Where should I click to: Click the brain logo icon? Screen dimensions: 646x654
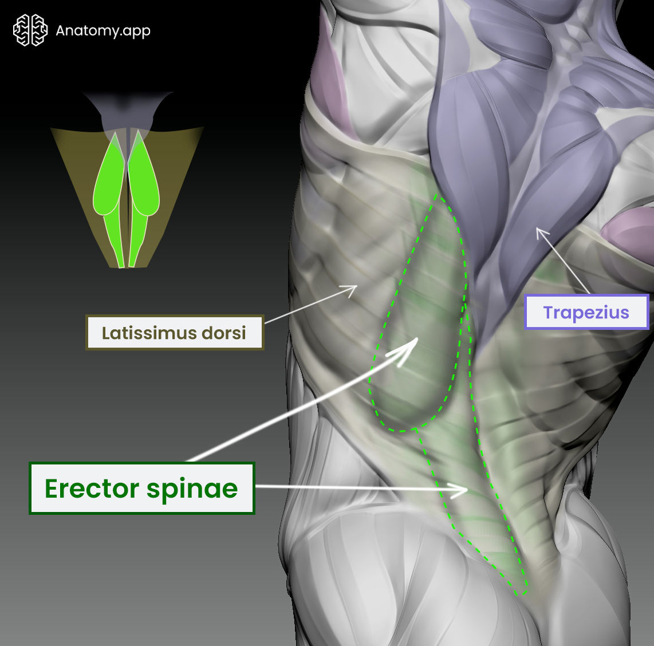(x=30, y=30)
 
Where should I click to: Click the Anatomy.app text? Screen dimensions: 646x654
(x=103, y=30)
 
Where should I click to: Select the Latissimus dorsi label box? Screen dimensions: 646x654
(x=174, y=333)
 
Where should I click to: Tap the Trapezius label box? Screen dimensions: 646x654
(x=586, y=313)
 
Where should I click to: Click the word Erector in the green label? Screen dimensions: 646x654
(x=92, y=489)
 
